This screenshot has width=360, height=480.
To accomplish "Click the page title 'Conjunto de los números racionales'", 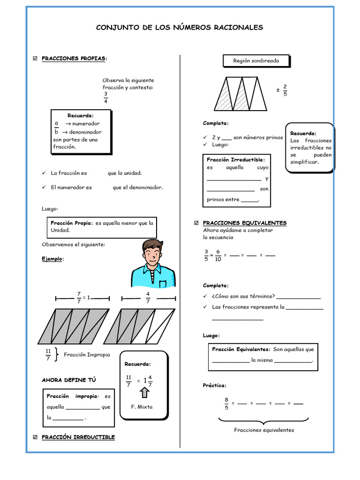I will [180, 28].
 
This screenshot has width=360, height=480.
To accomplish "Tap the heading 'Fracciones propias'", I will [74, 59].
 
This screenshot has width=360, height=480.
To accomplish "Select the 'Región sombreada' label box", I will [255, 61].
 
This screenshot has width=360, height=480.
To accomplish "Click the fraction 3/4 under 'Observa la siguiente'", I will [106, 97].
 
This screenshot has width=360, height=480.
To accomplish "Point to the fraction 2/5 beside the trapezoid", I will [285, 90].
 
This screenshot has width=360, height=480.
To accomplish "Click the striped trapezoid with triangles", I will [241, 94].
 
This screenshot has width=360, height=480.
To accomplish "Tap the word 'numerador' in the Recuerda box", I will [86, 124].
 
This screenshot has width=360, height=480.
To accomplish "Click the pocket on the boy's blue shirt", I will [163, 283].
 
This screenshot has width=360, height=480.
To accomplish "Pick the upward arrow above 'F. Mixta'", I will [144, 392].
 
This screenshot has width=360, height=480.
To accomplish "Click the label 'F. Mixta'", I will [142, 407].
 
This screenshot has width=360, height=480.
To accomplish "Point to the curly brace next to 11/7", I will [57, 355].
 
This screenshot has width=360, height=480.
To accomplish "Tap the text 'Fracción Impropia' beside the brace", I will [87, 355].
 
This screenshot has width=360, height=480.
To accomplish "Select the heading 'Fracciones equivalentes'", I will [244, 223].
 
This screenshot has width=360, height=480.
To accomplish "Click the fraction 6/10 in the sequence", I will [218, 255].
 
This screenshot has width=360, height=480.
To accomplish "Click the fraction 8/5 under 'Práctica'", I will [226, 404].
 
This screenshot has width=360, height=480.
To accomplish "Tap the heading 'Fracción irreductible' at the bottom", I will [78, 437].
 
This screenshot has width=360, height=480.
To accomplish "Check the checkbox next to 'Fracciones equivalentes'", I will [196, 223].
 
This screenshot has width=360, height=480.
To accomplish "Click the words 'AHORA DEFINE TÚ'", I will [68, 380].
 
